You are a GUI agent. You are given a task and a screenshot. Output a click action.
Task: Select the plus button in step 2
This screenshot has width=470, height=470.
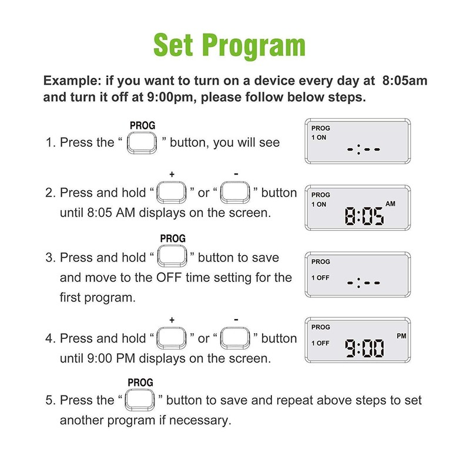172,193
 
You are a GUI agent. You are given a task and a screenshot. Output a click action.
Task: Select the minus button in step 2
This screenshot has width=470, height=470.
236,193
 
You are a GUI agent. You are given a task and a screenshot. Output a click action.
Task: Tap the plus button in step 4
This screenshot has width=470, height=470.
172,338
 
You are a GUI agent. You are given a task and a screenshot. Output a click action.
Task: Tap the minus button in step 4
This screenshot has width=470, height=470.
236,338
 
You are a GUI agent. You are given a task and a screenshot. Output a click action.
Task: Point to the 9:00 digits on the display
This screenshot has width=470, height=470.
364,348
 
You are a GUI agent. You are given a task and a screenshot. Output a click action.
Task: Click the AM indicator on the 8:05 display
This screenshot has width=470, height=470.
391,203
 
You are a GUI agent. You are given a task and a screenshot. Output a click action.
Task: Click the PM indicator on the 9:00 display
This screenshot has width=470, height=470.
401,336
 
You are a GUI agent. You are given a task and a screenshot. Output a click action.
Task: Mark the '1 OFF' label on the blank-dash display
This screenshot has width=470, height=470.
321,277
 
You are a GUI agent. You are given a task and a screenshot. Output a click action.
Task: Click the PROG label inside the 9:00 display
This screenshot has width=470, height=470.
321,327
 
